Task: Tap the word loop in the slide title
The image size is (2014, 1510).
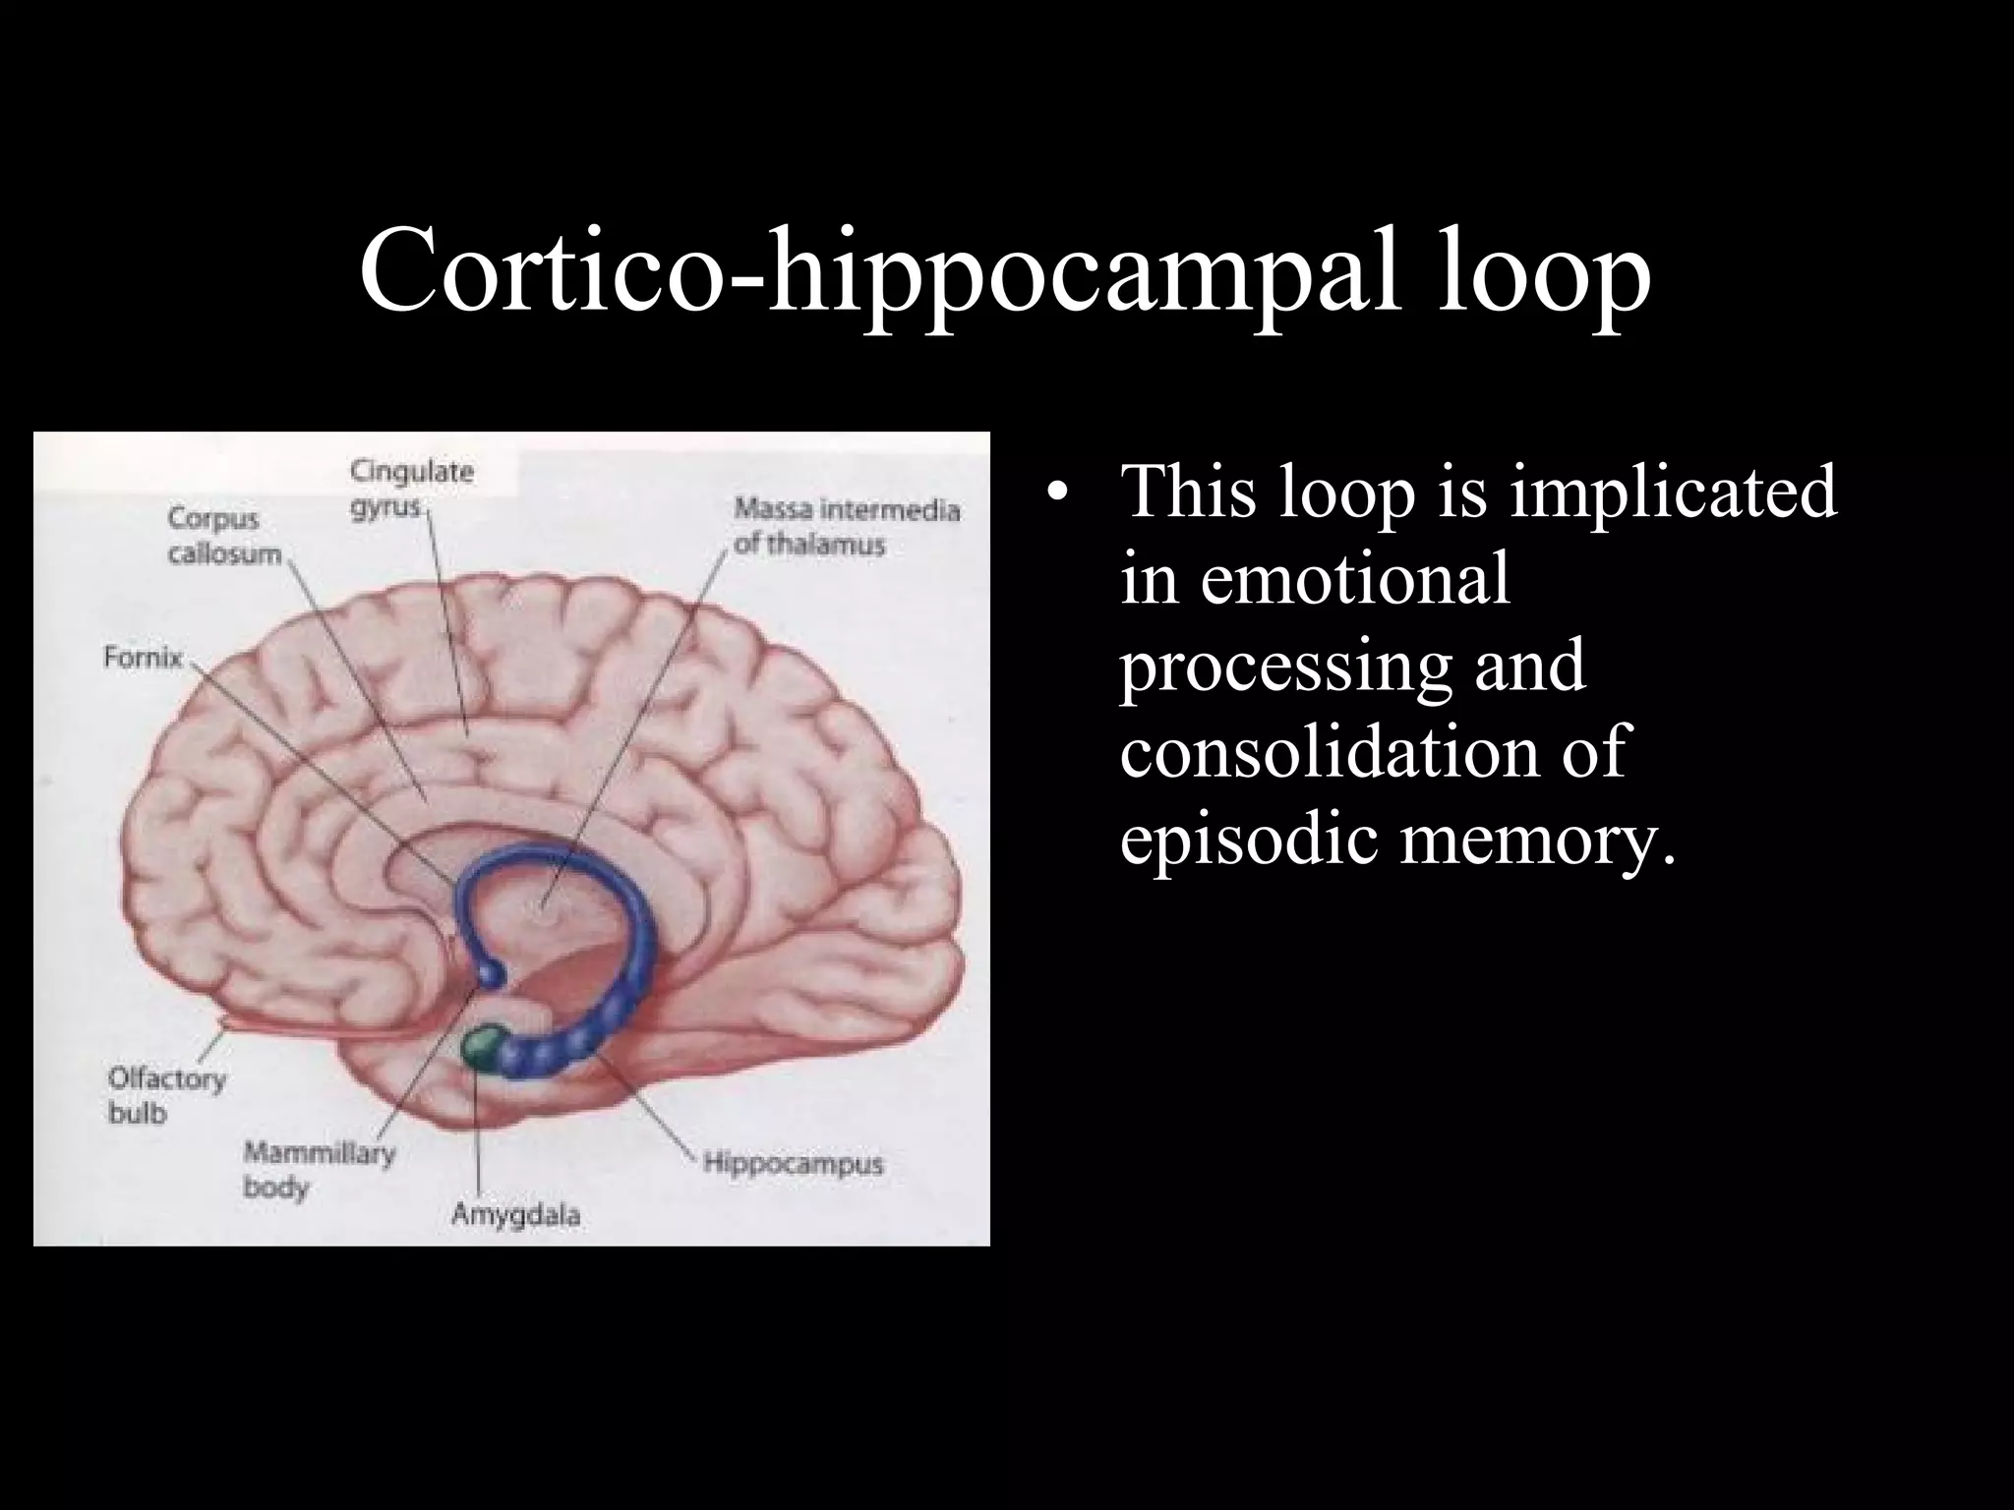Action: tap(1544, 271)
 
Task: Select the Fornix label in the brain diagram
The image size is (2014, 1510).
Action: tap(144, 658)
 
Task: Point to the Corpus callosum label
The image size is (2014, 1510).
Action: tap(224, 536)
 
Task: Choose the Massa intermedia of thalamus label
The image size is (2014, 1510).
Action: tap(846, 527)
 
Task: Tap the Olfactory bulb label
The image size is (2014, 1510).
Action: tap(166, 1095)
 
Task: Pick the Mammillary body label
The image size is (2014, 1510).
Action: tap(319, 1170)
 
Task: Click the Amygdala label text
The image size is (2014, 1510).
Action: tap(515, 1215)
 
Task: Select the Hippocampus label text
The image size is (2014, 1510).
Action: tap(793, 1164)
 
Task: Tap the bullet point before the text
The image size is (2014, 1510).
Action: tap(1056, 492)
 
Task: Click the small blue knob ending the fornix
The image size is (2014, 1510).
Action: tap(491, 973)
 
